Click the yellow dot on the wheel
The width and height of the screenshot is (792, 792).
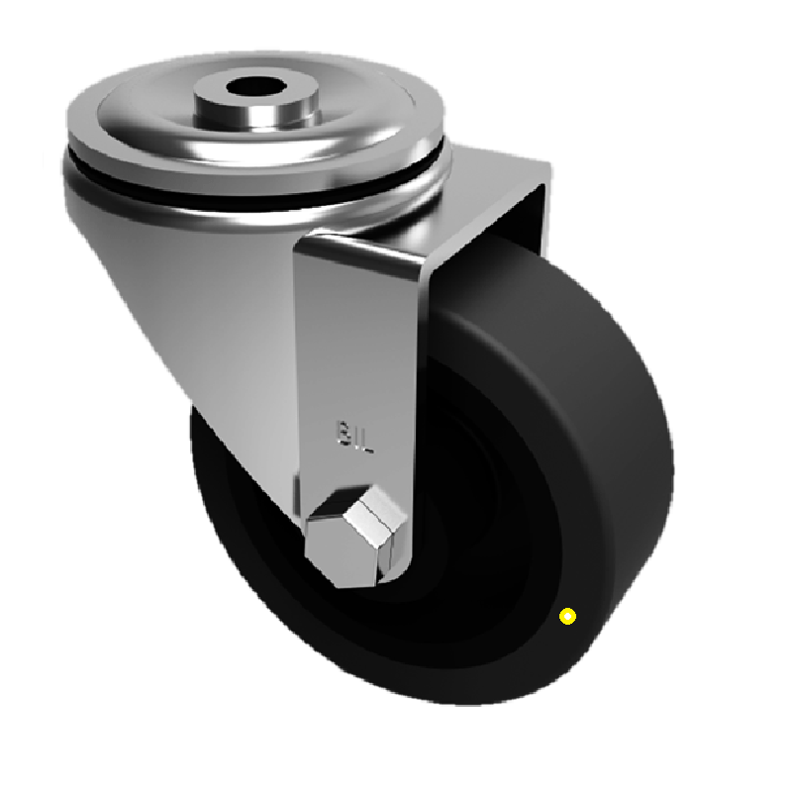tap(567, 616)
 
